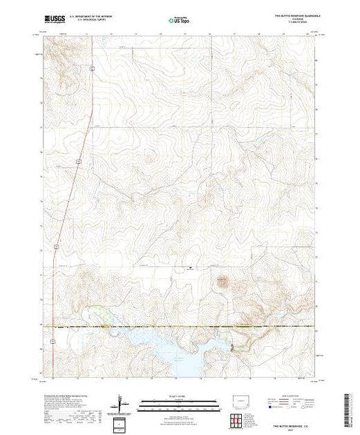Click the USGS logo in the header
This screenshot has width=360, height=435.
point(52,18)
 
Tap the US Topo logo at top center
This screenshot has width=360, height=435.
point(179,18)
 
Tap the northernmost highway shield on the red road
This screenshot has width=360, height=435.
point(91,68)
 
